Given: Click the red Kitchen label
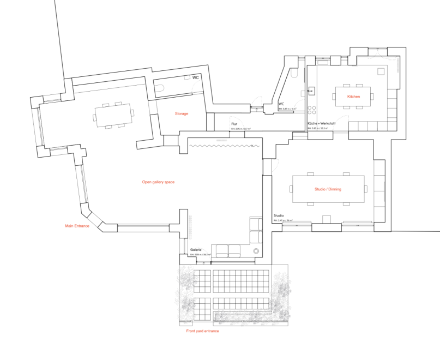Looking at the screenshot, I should point(354,97).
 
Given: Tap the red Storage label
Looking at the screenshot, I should point(182,113).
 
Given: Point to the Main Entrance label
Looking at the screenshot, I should point(77,226).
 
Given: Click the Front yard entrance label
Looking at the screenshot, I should point(202,331).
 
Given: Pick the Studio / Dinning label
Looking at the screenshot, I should point(328,189).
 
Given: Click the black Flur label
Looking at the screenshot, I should point(234,124).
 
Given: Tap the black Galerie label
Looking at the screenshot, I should point(196,250).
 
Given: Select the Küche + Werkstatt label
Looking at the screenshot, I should point(321,124).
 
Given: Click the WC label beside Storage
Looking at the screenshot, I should point(195,78).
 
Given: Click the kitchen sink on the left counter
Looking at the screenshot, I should point(312,91).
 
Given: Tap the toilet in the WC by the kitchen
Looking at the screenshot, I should point(294,75).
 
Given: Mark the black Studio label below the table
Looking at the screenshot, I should point(279,216).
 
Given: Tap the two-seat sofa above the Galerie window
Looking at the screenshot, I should point(228,250).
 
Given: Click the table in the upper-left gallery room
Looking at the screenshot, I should point(113,115).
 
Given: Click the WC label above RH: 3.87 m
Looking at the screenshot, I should point(281,104).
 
